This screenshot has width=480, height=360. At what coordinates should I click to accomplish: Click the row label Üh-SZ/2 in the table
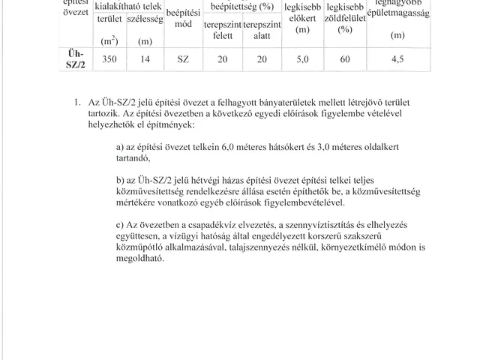pos(69,59)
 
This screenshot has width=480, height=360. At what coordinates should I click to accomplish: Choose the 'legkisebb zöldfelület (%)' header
pos(345,18)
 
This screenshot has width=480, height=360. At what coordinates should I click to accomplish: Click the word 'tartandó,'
pos(133,158)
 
